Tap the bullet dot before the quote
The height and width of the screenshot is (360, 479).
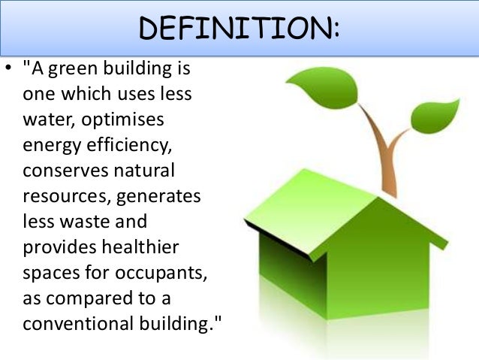[8, 71]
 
